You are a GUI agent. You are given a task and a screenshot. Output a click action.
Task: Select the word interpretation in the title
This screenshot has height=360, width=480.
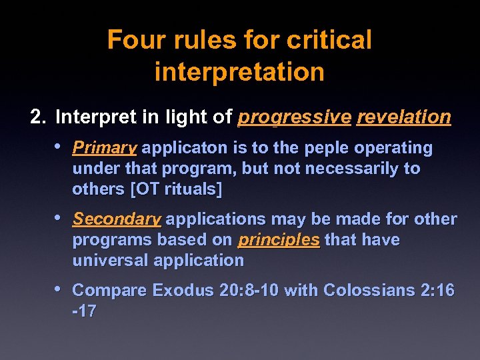(x=239, y=71)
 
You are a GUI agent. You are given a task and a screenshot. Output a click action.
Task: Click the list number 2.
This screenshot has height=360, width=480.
(x=37, y=117)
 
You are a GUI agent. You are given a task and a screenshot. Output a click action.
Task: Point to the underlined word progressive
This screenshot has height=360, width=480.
(x=294, y=118)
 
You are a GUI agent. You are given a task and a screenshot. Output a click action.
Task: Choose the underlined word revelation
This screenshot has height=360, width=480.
(x=404, y=118)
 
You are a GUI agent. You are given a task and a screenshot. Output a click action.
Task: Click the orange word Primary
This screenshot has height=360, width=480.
(x=105, y=147)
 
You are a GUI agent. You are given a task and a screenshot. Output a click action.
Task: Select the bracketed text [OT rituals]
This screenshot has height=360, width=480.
(x=177, y=189)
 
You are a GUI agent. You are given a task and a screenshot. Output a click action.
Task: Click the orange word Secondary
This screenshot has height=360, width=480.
(x=117, y=219)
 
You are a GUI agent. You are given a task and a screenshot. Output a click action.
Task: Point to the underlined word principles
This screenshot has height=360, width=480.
(x=279, y=240)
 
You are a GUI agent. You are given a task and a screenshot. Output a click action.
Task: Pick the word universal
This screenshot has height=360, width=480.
(x=110, y=260)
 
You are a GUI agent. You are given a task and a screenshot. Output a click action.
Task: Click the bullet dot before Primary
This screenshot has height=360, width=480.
(x=59, y=146)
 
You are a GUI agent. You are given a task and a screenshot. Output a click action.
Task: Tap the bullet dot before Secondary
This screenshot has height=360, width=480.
(x=59, y=218)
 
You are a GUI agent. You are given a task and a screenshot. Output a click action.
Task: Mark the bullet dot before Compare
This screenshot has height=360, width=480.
(x=59, y=289)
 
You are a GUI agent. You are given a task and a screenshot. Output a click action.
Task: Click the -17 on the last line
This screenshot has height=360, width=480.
(x=84, y=311)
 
